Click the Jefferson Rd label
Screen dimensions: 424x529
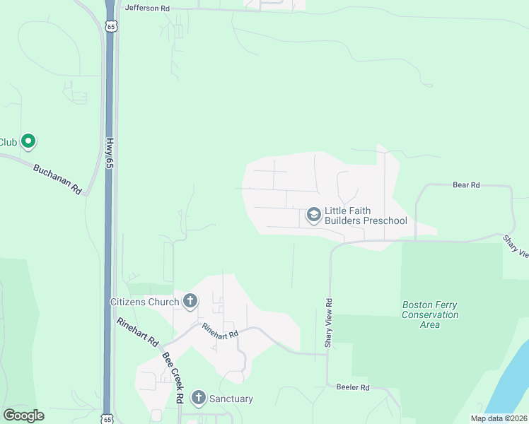coord(147,8)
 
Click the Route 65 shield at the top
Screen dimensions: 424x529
coord(110,26)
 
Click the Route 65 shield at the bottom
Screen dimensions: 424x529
coord(107,418)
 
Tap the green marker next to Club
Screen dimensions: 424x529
coord(28,141)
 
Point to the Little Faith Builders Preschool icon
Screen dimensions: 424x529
coord(313,214)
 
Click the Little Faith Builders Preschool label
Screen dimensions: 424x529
coord(366,216)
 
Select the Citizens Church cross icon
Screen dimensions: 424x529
coord(189,302)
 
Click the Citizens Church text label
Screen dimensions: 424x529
coord(145,302)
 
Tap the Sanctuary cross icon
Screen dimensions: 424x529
coord(198,399)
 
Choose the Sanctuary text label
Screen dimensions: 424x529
coord(231,399)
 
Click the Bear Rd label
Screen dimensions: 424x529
coord(466,185)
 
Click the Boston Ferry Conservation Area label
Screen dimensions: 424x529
coord(430,314)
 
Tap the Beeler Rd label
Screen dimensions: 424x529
coord(353,387)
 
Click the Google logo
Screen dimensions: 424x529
coord(23,416)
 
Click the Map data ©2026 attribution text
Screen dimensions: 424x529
coord(499,418)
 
